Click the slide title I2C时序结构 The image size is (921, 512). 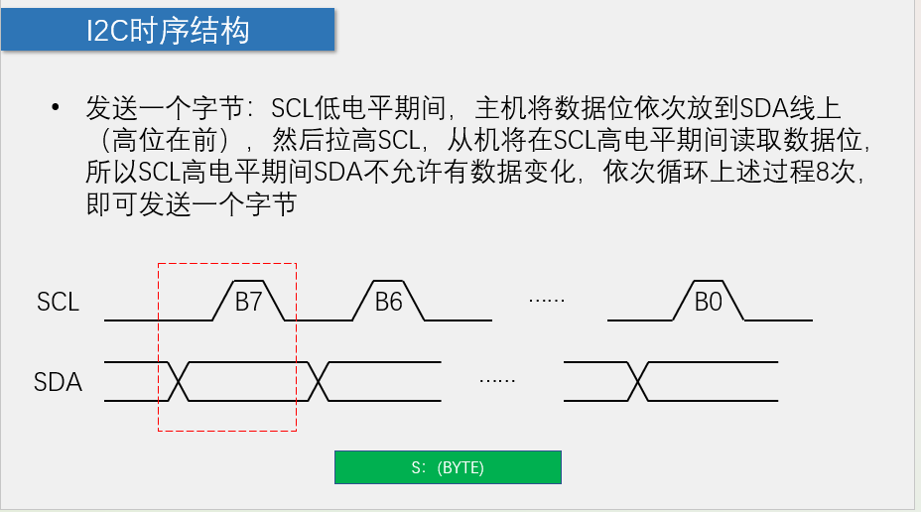pos(167,31)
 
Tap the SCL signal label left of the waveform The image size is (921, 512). pos(58,302)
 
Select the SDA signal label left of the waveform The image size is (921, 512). pos(58,381)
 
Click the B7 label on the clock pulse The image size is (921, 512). pos(248,302)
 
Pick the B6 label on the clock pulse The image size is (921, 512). pos(388,302)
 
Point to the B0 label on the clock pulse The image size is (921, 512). pos(708,302)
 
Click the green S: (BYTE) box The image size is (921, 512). pos(448,467)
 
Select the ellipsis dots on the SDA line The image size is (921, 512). pos(497,379)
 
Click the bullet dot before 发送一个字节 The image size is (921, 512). pos(57,107)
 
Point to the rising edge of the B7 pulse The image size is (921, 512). pos(219,302)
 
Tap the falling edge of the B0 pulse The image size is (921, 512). pos(735,302)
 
